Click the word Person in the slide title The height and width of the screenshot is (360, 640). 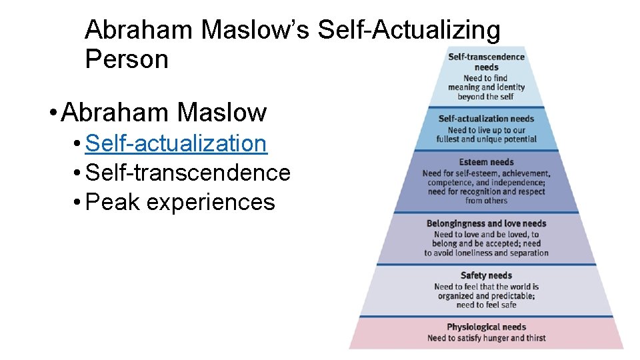coord(127,59)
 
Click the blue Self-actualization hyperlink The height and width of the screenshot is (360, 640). coord(177,143)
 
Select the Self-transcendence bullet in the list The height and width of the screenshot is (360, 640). coord(188,173)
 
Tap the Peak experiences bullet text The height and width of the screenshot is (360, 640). coord(181,202)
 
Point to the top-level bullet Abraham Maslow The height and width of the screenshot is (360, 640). coord(164,113)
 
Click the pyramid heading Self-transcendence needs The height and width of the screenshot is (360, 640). coord(486,62)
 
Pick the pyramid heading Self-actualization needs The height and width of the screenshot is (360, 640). coord(486,119)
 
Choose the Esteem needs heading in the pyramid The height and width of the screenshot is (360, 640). coord(486,163)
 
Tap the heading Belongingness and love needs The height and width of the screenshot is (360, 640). coord(486,224)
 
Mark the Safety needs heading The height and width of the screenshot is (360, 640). coord(486,275)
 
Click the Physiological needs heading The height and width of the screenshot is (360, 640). coord(486,327)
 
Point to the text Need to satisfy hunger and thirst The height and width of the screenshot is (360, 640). coord(486,338)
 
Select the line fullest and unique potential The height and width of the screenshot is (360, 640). coord(486,139)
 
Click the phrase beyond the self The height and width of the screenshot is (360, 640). coord(486,97)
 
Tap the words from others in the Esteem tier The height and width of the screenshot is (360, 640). coord(486,201)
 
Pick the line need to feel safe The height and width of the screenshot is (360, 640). coord(486,305)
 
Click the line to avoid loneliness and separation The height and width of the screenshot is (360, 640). coord(486,253)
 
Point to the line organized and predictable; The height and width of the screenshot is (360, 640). coord(486,296)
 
